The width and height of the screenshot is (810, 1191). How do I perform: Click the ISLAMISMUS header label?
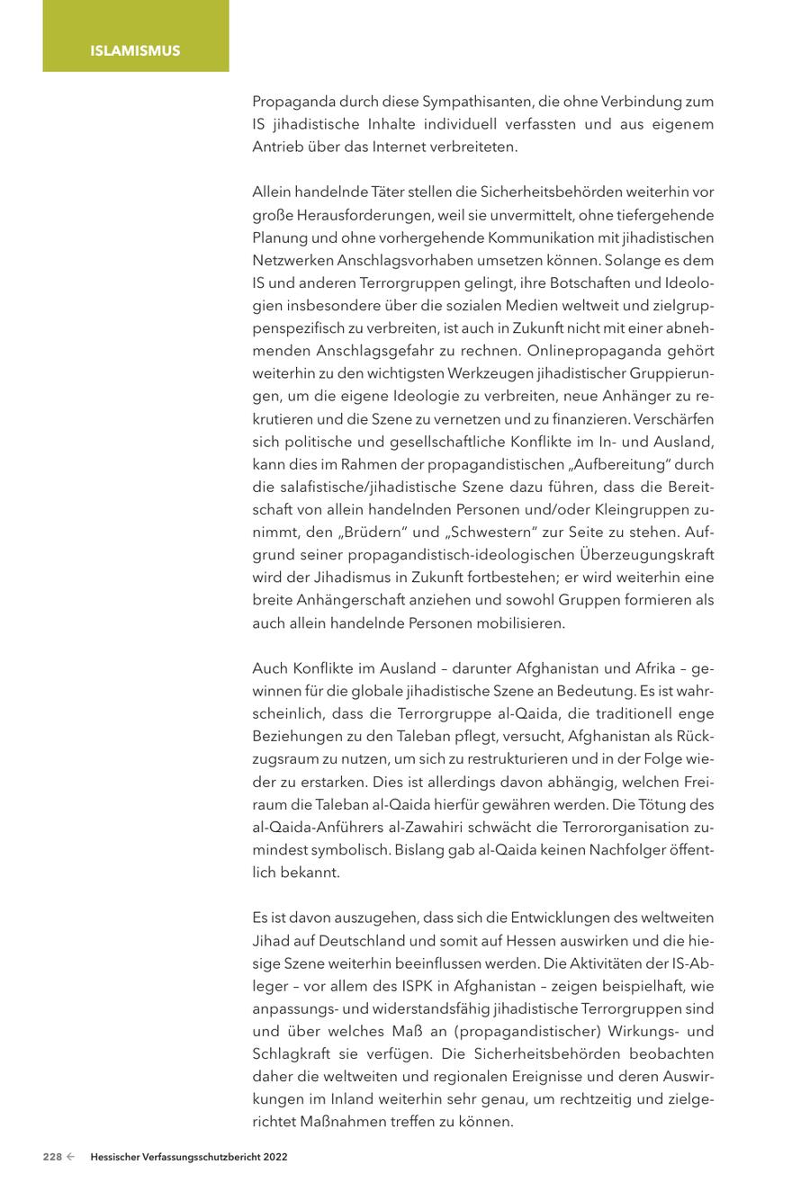(x=135, y=50)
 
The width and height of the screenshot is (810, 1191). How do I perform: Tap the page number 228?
(x=52, y=1158)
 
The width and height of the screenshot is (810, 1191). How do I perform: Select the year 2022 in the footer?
(x=275, y=1158)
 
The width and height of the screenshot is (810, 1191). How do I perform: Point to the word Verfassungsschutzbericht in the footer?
(x=201, y=1158)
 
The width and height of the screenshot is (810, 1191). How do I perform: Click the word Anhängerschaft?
(x=346, y=600)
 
